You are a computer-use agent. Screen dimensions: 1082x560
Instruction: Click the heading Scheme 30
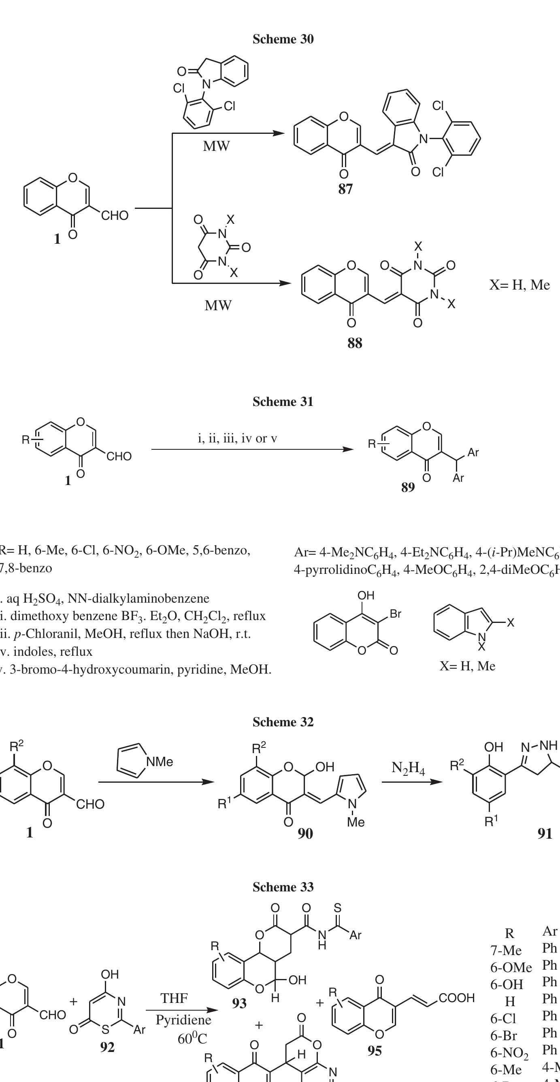[283, 39]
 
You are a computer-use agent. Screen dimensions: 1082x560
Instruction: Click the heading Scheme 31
[283, 402]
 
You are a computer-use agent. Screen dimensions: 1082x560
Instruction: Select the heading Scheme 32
[283, 722]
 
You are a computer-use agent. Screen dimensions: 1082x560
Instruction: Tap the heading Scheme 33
[283, 887]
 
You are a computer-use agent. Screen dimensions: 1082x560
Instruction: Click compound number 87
[345, 189]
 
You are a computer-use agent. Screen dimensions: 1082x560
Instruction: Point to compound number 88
[354, 343]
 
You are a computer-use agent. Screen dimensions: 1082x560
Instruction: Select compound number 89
[408, 487]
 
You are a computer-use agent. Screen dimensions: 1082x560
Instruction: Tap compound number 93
[240, 1003]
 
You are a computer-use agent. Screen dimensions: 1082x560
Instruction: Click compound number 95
[375, 1050]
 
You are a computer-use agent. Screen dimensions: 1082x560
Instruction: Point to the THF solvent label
[174, 998]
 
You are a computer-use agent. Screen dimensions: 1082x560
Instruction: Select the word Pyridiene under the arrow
[184, 1020]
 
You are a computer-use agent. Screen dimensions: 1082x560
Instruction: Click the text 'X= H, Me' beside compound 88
[520, 285]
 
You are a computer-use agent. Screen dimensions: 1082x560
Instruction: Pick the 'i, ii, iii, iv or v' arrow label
[237, 438]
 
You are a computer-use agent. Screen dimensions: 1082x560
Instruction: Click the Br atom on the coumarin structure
[396, 614]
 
